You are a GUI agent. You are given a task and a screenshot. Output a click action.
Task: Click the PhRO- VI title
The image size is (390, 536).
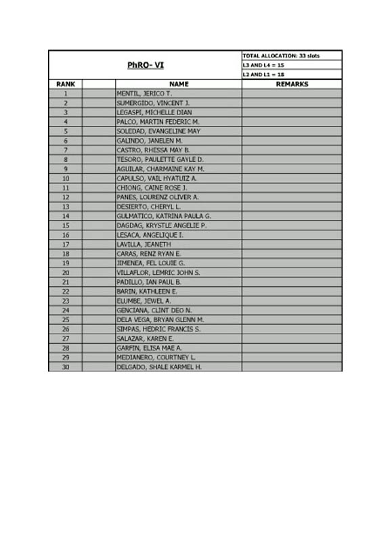[x=145, y=65]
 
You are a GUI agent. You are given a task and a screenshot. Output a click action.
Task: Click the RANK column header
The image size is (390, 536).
[x=66, y=84]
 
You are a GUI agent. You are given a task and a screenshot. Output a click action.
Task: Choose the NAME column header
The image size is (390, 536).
[x=178, y=84]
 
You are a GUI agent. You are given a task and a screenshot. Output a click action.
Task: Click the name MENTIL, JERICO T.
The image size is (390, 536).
[x=144, y=93]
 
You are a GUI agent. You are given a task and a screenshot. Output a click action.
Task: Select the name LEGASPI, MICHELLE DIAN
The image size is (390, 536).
[x=154, y=112]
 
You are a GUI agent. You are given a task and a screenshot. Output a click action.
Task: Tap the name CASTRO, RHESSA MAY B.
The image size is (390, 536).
[x=153, y=150]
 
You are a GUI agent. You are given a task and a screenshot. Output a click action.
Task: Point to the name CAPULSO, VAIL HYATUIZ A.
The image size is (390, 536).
[x=156, y=178]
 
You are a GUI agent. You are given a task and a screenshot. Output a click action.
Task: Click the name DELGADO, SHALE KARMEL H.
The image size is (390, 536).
[x=159, y=367]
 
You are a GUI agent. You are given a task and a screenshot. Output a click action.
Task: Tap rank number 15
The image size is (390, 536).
[x=66, y=225]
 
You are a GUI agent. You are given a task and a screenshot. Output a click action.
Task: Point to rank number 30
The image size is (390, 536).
[x=66, y=367]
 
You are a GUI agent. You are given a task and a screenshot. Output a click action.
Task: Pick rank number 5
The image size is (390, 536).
[x=66, y=131]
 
